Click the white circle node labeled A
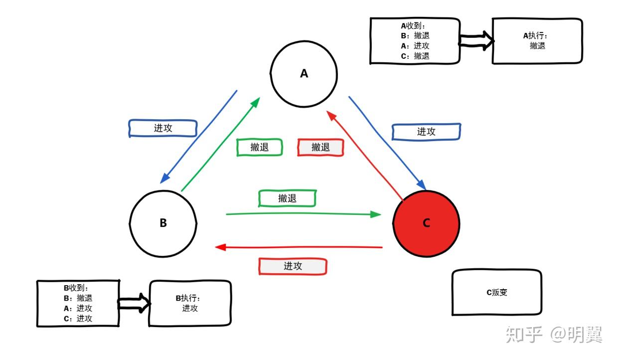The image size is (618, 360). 304,73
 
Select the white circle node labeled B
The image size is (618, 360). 163,223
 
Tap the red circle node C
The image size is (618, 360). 426,223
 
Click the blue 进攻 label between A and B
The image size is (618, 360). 163,128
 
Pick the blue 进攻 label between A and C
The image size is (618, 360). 426,132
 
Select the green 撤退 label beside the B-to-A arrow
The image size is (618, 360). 259,147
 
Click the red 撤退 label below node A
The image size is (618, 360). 320,147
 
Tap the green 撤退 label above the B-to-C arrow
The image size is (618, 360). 287,198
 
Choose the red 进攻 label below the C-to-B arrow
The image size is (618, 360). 293,266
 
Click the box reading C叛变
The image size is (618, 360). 496,293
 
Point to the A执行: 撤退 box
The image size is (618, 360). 537,41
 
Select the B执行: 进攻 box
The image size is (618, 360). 190,303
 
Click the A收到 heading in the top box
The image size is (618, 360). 413,25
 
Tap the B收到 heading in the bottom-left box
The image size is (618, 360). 76,288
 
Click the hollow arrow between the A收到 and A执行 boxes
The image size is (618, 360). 476,41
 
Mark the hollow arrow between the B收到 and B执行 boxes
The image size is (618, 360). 134,303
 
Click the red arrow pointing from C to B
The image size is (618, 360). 299,247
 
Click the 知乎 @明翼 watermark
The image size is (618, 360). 554,335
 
